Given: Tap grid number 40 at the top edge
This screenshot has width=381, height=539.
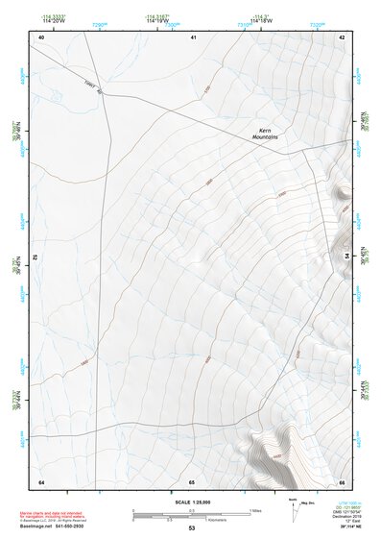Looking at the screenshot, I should pos(41,37).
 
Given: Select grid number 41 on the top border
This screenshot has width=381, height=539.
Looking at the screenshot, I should pos(193,37).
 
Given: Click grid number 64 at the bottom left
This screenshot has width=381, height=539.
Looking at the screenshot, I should pos(41,481).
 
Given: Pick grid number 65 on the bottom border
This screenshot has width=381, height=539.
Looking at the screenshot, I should pos(192,481).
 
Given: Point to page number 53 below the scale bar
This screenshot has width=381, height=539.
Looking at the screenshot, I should pos(191,528).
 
